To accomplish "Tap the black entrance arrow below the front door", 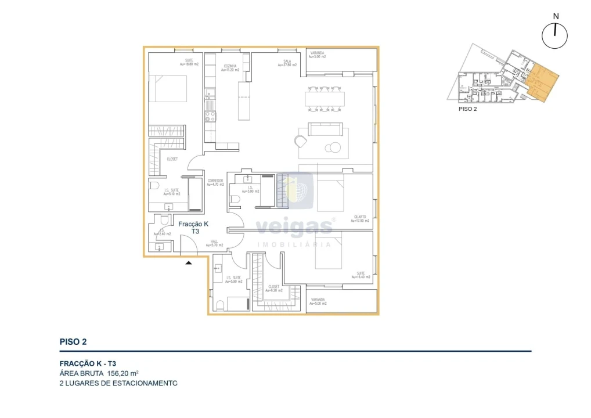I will click(x=188, y=263).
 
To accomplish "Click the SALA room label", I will click(x=287, y=63).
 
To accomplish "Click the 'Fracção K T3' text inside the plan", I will click(x=193, y=227).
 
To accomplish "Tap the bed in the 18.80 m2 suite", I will click(x=168, y=88).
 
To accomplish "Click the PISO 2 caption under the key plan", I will click(x=467, y=109).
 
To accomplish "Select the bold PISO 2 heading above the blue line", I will click(x=73, y=342).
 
